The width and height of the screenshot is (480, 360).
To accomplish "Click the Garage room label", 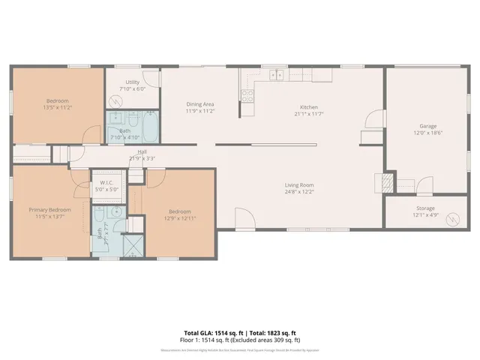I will pos(428,126).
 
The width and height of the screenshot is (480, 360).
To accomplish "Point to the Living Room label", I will pos(298,184).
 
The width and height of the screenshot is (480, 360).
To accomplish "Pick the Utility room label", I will pos(133,82).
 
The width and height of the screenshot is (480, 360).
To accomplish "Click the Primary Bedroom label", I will pos(50,210).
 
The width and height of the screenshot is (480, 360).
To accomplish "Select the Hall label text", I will pos(136,151).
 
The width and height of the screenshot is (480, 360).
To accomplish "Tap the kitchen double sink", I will pos(277,74).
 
